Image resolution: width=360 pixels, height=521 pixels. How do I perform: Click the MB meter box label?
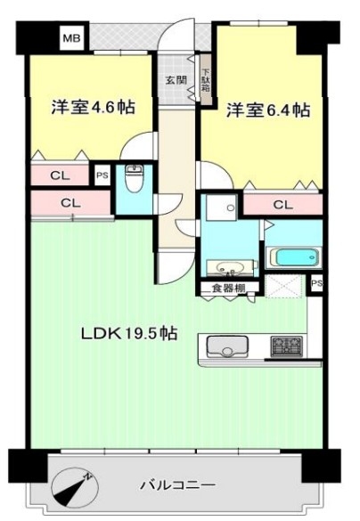click(x=72, y=38)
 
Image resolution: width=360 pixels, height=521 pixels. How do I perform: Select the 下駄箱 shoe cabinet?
click(x=206, y=80)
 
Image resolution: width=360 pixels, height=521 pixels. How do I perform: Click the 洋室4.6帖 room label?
click(x=93, y=108)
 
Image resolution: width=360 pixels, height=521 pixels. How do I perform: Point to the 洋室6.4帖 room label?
click(x=268, y=110)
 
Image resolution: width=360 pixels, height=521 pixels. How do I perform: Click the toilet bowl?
click(x=134, y=178)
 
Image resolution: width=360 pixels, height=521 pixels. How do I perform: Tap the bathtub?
click(x=295, y=257)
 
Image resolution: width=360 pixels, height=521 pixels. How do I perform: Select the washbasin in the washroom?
click(x=229, y=268)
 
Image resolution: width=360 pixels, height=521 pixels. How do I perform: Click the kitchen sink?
click(x=228, y=346)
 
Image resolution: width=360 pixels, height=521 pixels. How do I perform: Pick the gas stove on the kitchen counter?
click(x=287, y=346)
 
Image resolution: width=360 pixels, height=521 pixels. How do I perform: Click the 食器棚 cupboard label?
click(x=229, y=288)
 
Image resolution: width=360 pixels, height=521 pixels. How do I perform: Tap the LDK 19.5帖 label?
click(x=129, y=333)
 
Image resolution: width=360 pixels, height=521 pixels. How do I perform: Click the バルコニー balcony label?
click(x=178, y=484)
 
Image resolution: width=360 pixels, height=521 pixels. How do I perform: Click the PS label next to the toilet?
click(x=102, y=175)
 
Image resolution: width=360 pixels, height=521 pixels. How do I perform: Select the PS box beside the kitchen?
click(x=317, y=283)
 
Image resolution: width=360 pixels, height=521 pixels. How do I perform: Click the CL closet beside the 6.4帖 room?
click(x=282, y=205)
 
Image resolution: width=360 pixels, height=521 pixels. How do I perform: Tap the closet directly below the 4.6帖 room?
click(x=60, y=175)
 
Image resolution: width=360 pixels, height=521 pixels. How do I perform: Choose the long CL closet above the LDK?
click(x=70, y=203)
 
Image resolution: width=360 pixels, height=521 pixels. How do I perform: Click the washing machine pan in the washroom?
click(x=221, y=208)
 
